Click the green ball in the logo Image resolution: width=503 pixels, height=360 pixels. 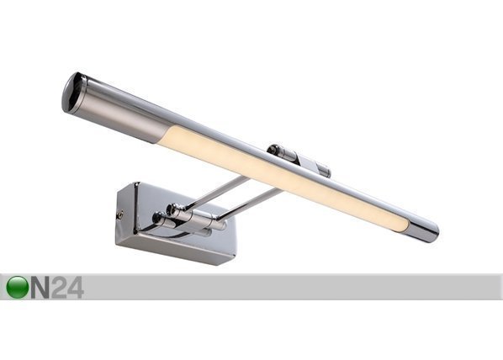17,287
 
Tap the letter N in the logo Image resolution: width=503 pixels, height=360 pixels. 40,288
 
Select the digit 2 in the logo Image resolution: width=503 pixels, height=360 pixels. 59,288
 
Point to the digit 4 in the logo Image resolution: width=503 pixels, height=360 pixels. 76,288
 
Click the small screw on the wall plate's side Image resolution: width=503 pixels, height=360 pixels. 120,214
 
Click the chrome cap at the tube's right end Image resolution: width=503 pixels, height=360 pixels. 423,229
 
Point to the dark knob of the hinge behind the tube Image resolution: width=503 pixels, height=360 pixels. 273,150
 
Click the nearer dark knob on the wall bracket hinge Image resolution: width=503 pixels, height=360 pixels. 158,218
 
